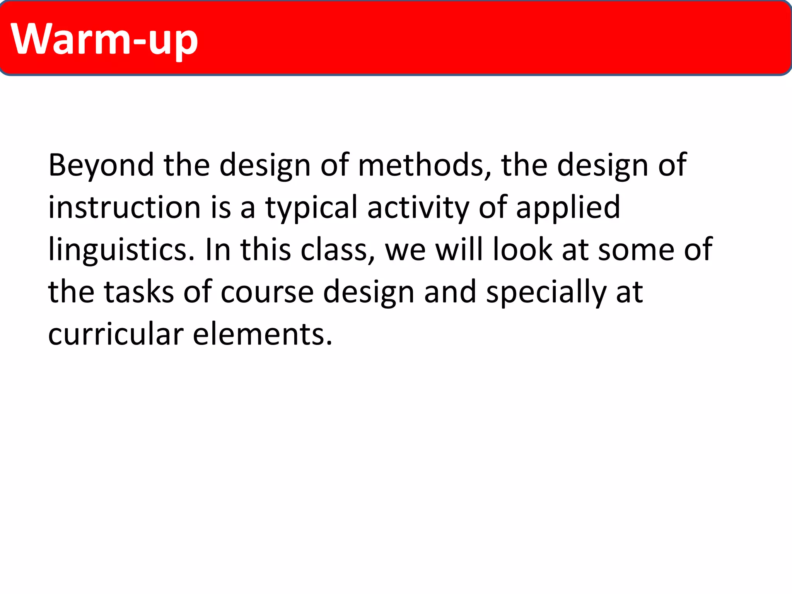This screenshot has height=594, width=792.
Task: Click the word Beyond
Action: click(101, 166)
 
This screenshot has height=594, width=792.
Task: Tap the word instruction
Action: click(124, 208)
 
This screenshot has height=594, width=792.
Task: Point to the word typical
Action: click(311, 208)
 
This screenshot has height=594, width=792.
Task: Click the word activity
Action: click(418, 208)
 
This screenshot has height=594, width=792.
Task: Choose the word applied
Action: click(568, 208)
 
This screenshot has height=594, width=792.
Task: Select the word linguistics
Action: click(121, 250)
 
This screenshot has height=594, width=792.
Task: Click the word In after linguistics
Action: click(218, 250)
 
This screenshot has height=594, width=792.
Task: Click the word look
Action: click(522, 250)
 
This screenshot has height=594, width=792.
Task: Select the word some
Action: click(636, 250)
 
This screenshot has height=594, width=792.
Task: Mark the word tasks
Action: click(139, 292)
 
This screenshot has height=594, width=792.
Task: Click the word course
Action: click(267, 292)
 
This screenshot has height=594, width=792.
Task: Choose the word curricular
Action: click(116, 334)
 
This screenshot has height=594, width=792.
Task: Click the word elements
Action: click(263, 334)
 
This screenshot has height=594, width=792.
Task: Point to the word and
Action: click(450, 292)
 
